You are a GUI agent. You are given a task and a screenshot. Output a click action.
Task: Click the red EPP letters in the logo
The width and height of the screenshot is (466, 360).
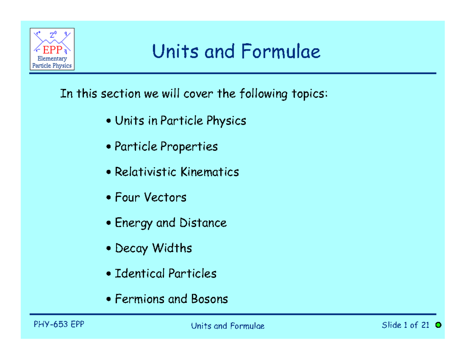point(52,50)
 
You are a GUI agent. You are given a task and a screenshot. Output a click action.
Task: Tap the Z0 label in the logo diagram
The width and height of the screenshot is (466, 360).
point(52,36)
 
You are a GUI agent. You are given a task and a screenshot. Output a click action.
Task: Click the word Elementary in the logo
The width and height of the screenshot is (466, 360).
point(52,59)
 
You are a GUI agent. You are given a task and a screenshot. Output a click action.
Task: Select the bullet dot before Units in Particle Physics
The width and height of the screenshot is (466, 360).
point(109,122)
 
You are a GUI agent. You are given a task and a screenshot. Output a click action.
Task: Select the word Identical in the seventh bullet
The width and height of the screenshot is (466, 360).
point(140,273)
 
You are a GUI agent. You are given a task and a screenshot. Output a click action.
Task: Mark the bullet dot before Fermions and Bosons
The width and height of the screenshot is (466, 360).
point(109,299)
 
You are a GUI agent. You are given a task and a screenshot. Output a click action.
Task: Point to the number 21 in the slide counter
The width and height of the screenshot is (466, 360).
point(424,325)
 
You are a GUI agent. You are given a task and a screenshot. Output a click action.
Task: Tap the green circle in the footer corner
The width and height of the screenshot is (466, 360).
point(438,325)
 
